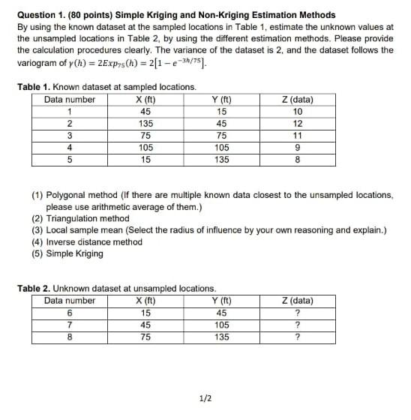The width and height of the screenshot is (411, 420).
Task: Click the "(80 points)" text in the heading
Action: pos(88,15)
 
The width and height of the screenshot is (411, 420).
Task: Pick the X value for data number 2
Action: pos(146,124)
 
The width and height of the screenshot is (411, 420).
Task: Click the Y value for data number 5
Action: pos(221,160)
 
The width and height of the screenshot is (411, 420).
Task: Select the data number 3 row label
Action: pos(70,136)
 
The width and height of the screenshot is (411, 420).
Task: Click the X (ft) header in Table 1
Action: pos(146,100)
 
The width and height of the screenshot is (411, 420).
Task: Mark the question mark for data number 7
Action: pos(298,325)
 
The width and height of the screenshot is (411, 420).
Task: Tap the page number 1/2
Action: pos(204,398)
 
